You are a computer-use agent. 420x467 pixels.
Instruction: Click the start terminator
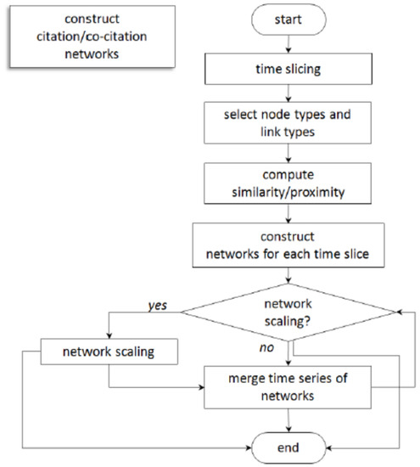pos(290,20)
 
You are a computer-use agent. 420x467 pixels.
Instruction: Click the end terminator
pos(290,445)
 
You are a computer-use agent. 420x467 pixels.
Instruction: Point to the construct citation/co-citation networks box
pos(57,36)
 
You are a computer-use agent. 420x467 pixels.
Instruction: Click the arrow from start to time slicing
pos(290,47)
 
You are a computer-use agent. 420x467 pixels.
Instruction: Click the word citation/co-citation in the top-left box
pos(57,36)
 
